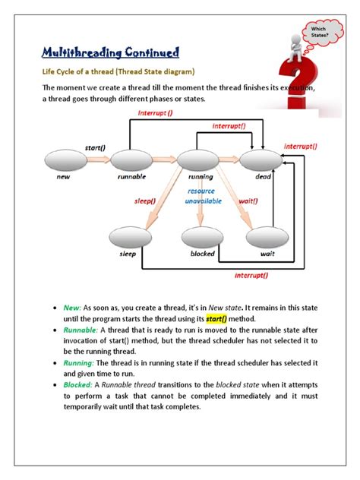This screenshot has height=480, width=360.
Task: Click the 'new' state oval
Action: pos(65,160)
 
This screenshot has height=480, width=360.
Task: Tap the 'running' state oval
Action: pos(197,160)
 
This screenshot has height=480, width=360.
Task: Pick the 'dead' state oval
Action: pos(261,160)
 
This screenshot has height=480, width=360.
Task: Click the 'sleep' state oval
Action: pos(128,238)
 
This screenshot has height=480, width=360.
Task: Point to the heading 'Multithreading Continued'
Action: pos(111,52)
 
